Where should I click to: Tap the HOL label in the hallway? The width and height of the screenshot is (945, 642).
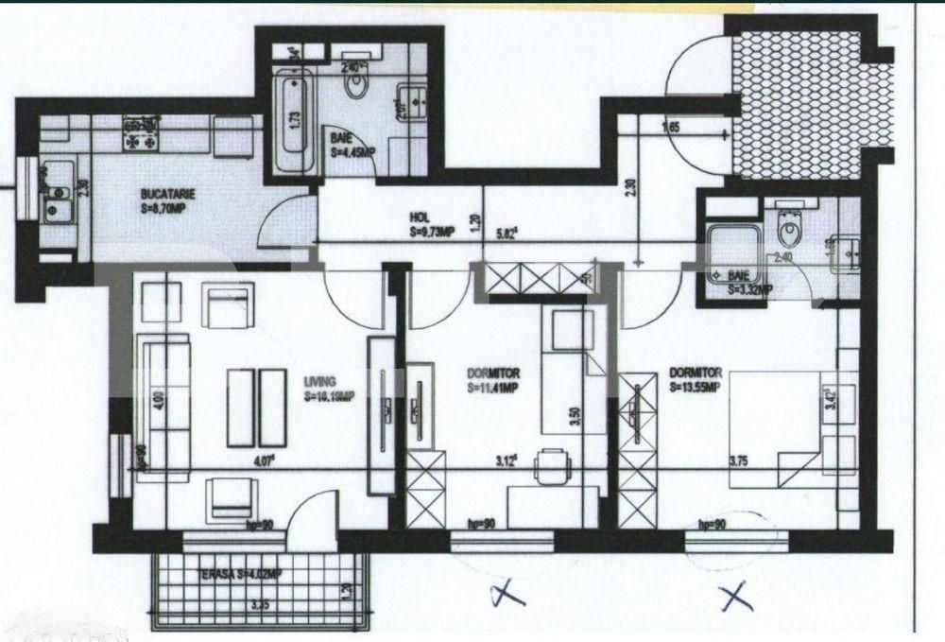tap(421, 215)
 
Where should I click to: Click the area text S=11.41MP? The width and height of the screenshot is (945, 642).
tap(496, 388)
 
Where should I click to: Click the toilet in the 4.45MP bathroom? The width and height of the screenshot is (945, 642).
tap(357, 86)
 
